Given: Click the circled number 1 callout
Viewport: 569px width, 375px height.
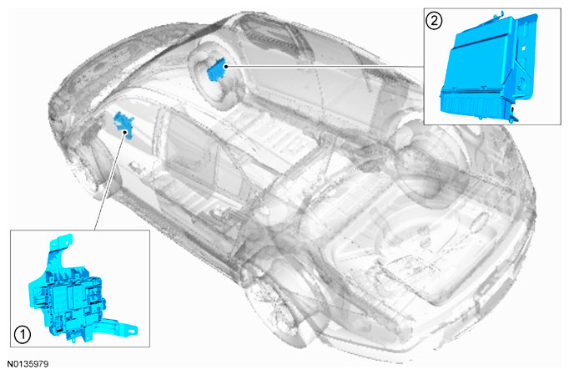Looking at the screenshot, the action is (23, 334).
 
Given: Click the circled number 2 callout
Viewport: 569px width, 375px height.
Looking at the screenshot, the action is (434, 21).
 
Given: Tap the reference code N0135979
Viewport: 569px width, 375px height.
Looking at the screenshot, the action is (28, 364).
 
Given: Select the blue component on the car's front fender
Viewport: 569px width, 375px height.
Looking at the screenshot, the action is (123, 124).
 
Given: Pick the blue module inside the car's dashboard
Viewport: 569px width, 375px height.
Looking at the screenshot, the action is (216, 71).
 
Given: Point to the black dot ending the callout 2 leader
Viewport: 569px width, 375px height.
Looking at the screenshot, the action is (226, 66).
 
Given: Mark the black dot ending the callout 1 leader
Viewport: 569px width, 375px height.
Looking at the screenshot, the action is (125, 131).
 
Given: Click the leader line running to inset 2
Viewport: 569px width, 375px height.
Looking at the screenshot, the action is (325, 67).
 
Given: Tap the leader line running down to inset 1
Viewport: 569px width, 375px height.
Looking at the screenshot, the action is (110, 180).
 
